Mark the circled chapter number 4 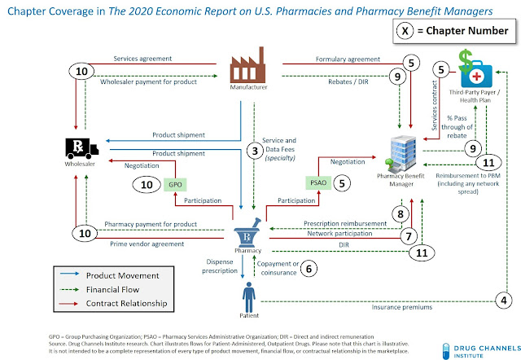coord(504,301)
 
